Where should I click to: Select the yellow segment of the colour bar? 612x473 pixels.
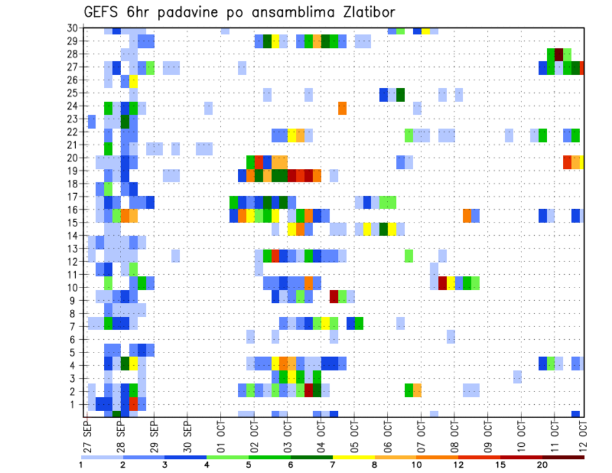click(354, 456)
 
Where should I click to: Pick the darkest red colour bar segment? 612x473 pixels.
click(564, 456)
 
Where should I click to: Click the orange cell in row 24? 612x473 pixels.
click(342, 108)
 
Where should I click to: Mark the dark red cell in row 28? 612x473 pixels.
click(559, 54)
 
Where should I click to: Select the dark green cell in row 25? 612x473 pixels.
click(400, 94)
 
